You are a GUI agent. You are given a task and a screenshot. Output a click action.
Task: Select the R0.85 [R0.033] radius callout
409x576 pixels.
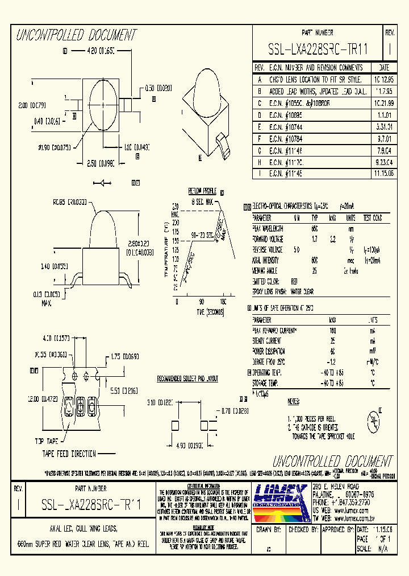(x=85, y=201)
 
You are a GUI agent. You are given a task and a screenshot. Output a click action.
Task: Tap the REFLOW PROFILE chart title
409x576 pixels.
(x=203, y=191)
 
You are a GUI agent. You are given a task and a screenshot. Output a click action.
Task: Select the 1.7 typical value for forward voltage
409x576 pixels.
(x=314, y=238)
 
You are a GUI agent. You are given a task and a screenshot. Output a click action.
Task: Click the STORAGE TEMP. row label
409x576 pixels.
(x=270, y=384)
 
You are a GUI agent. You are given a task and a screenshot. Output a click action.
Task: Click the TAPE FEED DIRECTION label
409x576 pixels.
(x=68, y=453)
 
